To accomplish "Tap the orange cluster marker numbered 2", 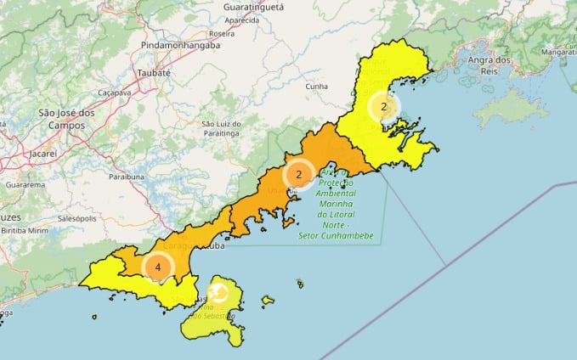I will tap(298, 175).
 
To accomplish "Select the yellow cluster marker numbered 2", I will tap(384, 107).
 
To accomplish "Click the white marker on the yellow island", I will tap(218, 293).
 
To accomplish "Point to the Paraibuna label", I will tap(127, 177).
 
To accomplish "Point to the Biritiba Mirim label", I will tap(25, 230).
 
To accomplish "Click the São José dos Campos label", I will tap(66, 118).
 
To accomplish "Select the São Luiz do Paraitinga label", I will tap(222, 128).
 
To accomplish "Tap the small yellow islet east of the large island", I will tap(268, 299).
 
